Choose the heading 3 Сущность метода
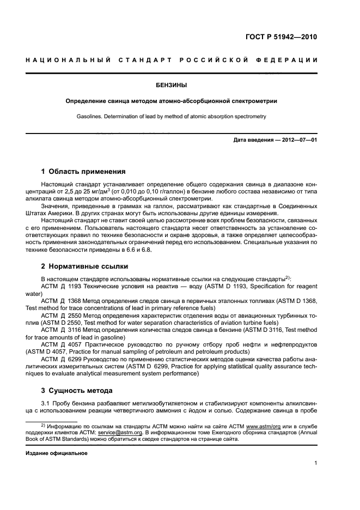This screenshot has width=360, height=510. pyautogui.click(x=77, y=390)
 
